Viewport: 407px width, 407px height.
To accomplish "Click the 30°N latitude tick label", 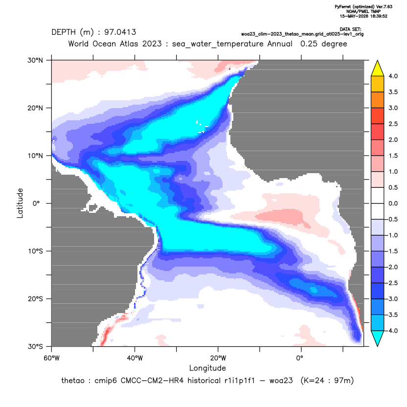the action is tap(35, 60).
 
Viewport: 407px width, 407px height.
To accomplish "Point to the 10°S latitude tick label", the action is tap(35, 251).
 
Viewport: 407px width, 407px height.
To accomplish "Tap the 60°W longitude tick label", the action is tap(51, 358).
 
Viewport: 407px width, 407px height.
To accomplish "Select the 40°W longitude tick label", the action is tap(135, 358).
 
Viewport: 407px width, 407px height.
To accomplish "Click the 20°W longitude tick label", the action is tap(218, 358).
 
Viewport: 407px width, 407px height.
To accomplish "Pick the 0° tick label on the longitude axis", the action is tap(300, 358).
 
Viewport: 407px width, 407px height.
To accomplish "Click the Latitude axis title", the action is tap(20, 203).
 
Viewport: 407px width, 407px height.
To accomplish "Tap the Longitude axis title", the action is tap(207, 368).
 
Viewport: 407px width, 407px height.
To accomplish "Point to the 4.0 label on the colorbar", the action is tap(393, 76).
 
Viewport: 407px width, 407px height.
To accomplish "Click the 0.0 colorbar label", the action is tap(393, 203).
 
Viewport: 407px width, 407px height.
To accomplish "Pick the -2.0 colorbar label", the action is tap(392, 267).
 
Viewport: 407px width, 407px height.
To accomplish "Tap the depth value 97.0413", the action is tap(120, 32).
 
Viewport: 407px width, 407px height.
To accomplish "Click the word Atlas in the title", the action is tap(128, 44).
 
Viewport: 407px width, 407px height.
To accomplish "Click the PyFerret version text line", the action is tap(363, 7).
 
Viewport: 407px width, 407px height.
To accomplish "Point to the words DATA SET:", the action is tap(350, 29).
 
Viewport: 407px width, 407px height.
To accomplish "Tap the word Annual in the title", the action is tap(280, 44).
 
